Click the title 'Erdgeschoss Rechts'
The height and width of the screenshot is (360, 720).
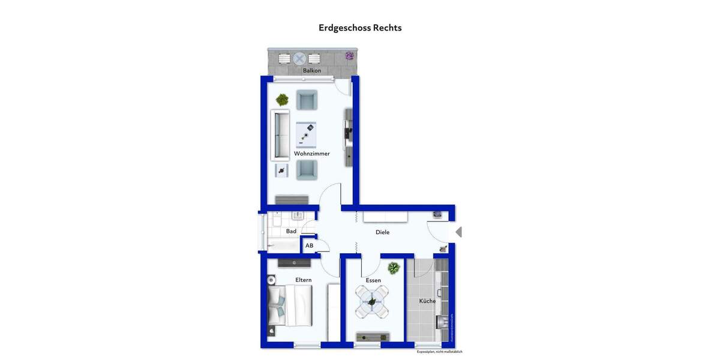[360, 28]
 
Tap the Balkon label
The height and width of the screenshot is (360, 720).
[311, 71]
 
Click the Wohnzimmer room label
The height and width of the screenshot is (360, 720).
[311, 154]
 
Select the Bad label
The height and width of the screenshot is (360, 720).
[291, 231]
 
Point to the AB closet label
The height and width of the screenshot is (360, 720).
[310, 245]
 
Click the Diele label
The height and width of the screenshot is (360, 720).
[382, 232]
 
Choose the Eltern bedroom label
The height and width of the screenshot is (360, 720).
[303, 280]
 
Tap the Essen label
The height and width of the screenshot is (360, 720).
[373, 280]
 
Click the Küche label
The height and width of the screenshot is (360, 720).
[427, 301]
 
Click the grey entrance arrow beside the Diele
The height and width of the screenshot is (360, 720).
[458, 232]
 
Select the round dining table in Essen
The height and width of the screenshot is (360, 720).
[371, 302]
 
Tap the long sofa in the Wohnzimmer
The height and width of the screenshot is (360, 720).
[280, 135]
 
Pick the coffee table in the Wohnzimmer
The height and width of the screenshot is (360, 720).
[306, 135]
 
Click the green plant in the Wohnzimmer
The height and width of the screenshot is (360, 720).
[281, 100]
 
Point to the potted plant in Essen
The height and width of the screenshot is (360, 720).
[394, 268]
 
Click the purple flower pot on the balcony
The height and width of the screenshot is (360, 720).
[349, 56]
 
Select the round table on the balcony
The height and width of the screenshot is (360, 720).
[299, 59]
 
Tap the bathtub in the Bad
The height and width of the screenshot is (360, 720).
[283, 245]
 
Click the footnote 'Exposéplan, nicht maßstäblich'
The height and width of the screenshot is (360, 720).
[439, 352]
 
